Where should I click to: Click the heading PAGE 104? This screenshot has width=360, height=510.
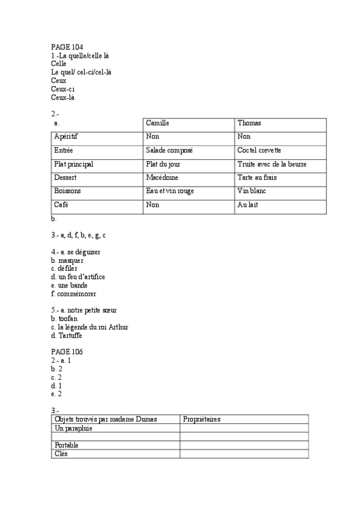pyautogui.click(x=67, y=47)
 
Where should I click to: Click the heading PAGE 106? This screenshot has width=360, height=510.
pyautogui.click(x=67, y=351)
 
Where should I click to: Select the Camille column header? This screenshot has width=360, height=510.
pyautogui.click(x=157, y=123)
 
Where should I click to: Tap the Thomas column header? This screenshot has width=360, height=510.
pyautogui.click(x=249, y=123)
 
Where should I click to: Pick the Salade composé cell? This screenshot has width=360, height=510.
pyautogui.click(x=169, y=150)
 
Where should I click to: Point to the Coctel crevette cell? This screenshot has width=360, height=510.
pyautogui.click(x=259, y=150)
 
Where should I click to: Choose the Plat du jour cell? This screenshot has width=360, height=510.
pyautogui.click(x=163, y=164)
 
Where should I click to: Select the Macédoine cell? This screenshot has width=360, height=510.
pyautogui.click(x=162, y=177)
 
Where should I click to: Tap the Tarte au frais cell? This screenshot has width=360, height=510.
pyautogui.click(x=257, y=177)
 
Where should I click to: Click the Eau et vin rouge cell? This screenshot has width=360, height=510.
pyautogui.click(x=169, y=191)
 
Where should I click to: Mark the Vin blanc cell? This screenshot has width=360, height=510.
pyautogui.click(x=252, y=191)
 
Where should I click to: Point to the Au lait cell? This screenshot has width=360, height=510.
pyautogui.click(x=248, y=204)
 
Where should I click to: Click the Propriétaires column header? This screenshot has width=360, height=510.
pyautogui.click(x=202, y=419)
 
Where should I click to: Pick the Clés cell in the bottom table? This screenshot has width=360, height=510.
pyautogui.click(x=61, y=453)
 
